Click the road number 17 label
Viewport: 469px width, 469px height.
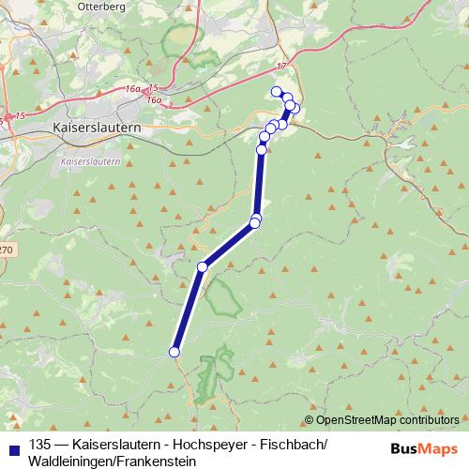click(281, 66)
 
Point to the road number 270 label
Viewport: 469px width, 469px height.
click(6, 250)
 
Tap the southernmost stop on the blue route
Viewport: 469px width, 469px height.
click(174, 352)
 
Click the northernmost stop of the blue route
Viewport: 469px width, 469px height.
click(276, 91)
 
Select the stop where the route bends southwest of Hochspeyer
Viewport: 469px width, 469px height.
click(254, 223)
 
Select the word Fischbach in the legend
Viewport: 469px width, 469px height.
click(288, 445)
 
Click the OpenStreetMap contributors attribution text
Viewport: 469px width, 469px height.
click(387, 420)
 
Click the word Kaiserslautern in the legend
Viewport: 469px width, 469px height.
click(109, 445)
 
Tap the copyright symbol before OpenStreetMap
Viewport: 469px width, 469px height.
click(309, 420)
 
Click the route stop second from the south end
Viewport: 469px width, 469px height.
click(202, 267)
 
